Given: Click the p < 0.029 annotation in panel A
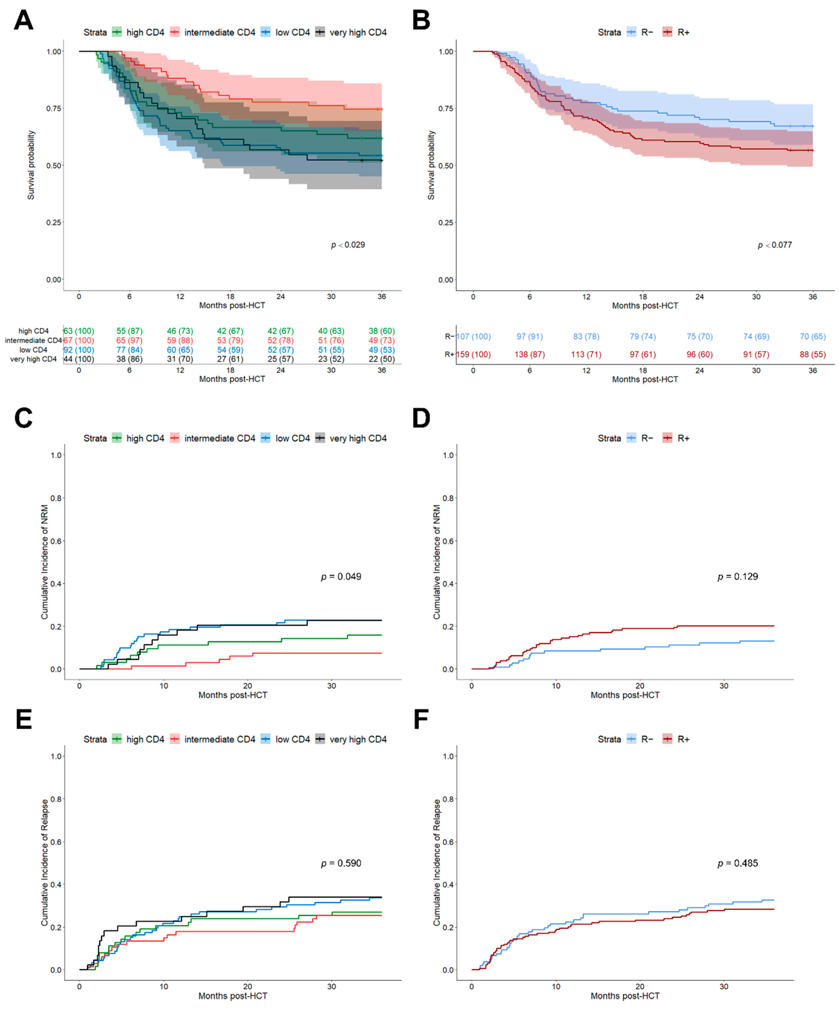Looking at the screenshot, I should pos(348,245).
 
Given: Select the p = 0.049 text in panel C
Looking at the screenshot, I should pos(341,576).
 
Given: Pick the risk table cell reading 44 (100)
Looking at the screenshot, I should pos(79,359).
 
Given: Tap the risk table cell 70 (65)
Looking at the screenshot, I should pos(813,336).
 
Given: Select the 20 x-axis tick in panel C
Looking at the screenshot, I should pos(247,686).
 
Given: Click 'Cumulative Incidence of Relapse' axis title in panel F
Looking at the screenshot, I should pos(437,863).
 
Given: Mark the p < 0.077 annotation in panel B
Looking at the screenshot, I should pos(775,245).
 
